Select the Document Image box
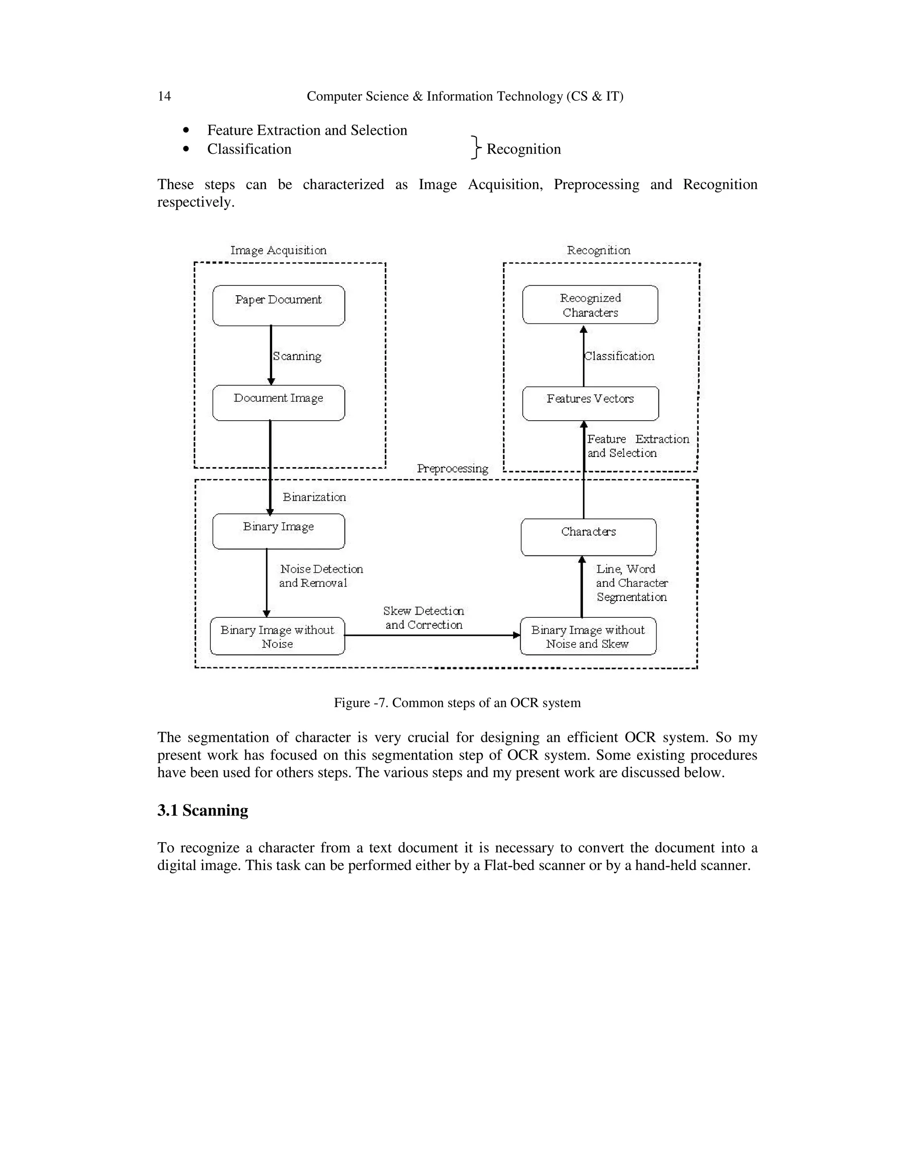click(x=278, y=403)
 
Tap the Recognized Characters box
click(x=590, y=305)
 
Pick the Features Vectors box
click(x=590, y=403)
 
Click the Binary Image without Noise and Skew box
click(x=588, y=636)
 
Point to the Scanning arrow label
click(x=297, y=357)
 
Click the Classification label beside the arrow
click(x=619, y=357)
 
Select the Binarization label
click(x=314, y=497)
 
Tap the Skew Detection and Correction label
click(x=423, y=618)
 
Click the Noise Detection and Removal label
click(x=321, y=576)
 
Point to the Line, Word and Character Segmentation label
click(x=631, y=583)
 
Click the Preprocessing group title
click(x=452, y=468)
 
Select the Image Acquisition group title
click(x=278, y=251)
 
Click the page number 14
click(x=164, y=96)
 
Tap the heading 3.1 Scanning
click(x=203, y=810)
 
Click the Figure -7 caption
click(x=457, y=703)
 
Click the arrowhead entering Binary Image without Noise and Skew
click(x=516, y=635)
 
